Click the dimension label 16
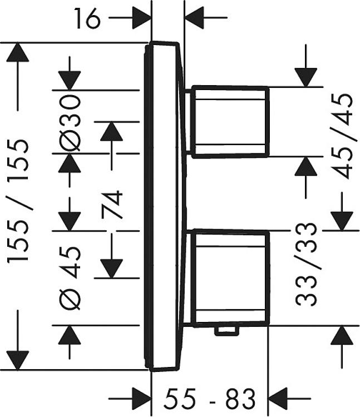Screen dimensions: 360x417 pyautogui.click(x=87, y=18)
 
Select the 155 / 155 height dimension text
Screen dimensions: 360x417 pyautogui.click(x=18, y=201)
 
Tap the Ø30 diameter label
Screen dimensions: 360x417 pyautogui.click(x=70, y=123)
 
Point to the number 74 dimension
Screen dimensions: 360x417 pyautogui.click(x=112, y=204)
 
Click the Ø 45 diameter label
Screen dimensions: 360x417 pyautogui.click(x=70, y=277)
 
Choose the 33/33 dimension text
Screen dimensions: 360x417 pyautogui.click(x=306, y=264)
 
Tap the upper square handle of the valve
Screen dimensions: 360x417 pyautogui.click(x=230, y=122)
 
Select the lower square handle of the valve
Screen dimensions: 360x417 pyautogui.click(x=230, y=277)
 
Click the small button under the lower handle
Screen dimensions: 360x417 pyautogui.click(x=226, y=331)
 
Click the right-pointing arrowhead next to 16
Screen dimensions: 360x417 pyautogui.click(x=141, y=18)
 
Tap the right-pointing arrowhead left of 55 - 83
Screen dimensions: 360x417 pyautogui.click(x=141, y=399)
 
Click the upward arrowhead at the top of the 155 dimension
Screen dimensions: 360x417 pyautogui.click(x=18, y=52)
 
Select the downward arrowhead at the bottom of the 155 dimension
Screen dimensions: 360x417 pyautogui.click(x=18, y=360)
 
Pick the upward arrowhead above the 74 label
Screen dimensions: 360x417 pyautogui.click(x=111, y=131)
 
